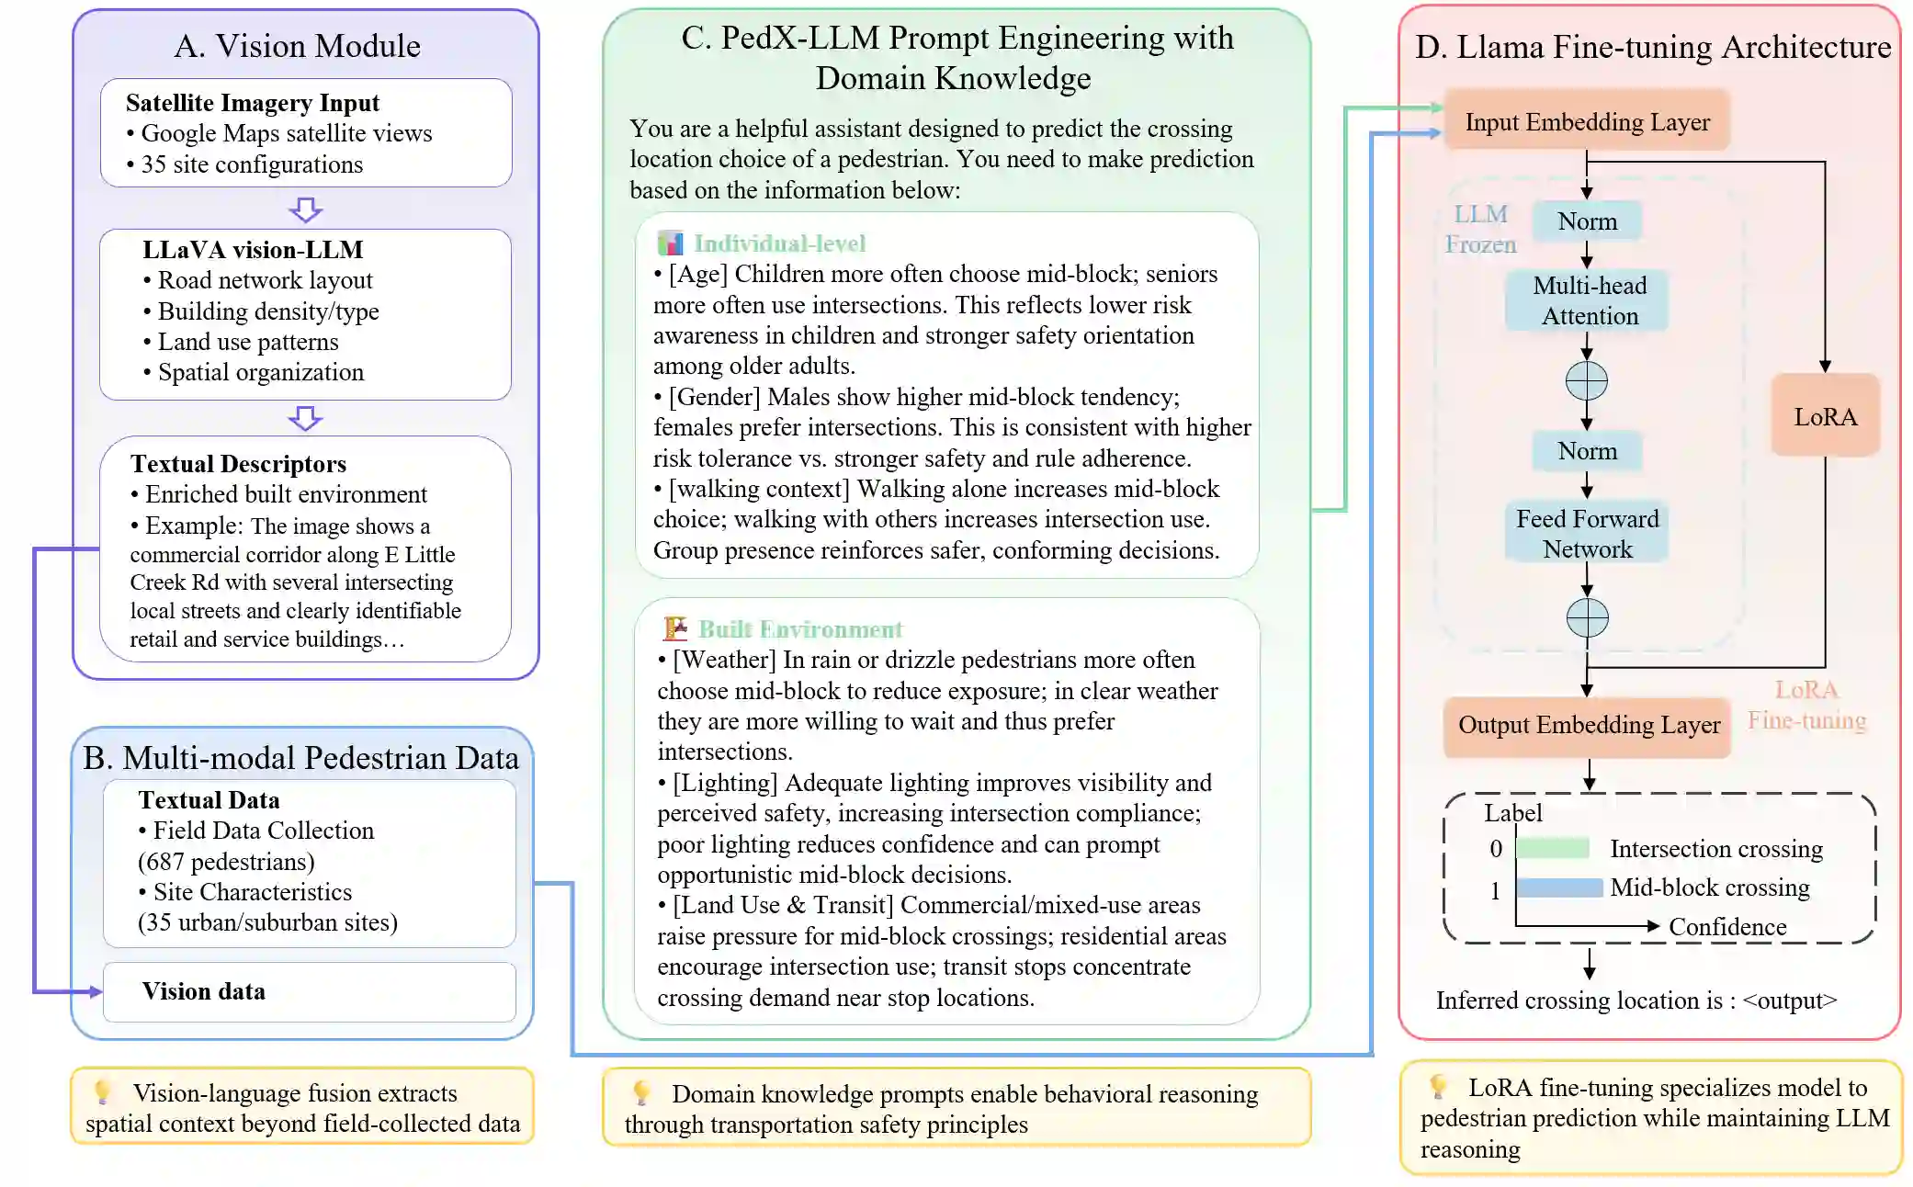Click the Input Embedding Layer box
pos(1587,121)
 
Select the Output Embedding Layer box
pos(1588,726)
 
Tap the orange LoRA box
pos(1825,416)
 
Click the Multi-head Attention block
pos(1589,300)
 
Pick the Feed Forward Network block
pos(1587,534)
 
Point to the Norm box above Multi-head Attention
pos(1587,221)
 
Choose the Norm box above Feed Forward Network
pos(1587,451)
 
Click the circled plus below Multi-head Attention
pos(1587,380)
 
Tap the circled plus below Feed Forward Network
pos(1587,617)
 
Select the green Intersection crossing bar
pos(1552,848)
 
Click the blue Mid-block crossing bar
pos(1559,887)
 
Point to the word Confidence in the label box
pos(1727,927)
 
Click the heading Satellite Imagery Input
pos(253,103)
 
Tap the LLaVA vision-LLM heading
pos(253,250)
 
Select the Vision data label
pos(204,991)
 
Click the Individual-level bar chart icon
pos(671,243)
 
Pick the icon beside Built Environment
pos(675,628)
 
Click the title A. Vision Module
pos(298,46)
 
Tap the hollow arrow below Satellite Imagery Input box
pos(305,209)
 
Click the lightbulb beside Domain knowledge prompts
pos(641,1092)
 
